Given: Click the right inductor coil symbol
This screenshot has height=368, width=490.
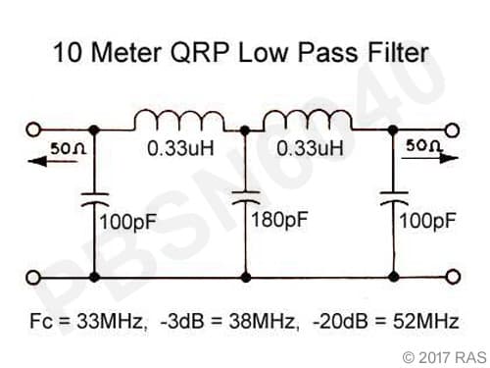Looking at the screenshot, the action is pyautogui.click(x=301, y=122).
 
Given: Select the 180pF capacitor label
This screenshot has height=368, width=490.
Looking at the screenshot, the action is pyautogui.click(x=279, y=219).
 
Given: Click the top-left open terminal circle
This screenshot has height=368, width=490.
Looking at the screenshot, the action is pyautogui.click(x=34, y=130).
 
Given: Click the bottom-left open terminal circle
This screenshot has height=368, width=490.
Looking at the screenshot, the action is pyautogui.click(x=34, y=278).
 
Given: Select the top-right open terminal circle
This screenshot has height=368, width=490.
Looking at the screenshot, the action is pyautogui.click(x=454, y=130).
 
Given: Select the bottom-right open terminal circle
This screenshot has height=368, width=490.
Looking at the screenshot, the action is pyautogui.click(x=454, y=278).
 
